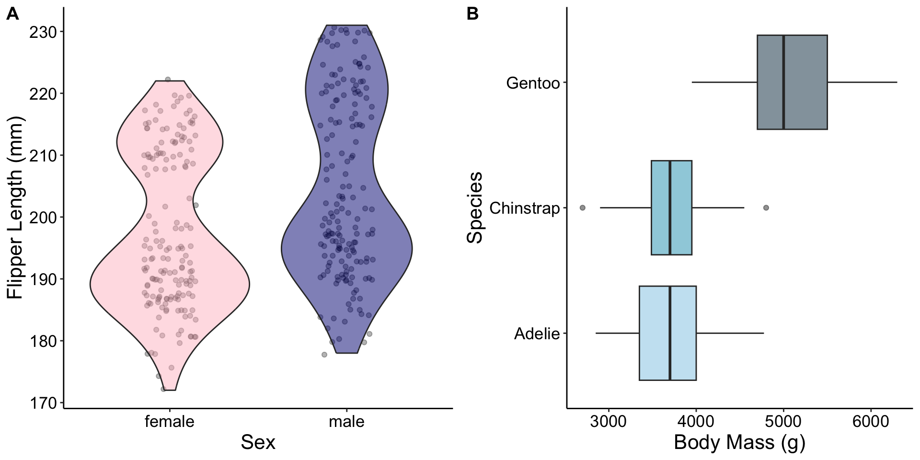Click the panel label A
[x=12, y=14]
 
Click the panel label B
[x=472, y=14]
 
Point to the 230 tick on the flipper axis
[x=43, y=32]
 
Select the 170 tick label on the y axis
[x=43, y=403]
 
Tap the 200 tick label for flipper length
[x=43, y=218]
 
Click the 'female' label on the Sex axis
[x=170, y=422]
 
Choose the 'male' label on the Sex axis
[x=346, y=422]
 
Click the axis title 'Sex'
[x=258, y=442]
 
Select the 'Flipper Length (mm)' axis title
[x=15, y=207]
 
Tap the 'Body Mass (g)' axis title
[x=739, y=442]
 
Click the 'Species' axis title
[x=475, y=207]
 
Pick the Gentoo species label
[x=533, y=83]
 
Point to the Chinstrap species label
[x=525, y=208]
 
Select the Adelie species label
[x=537, y=333]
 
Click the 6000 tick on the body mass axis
[x=871, y=422]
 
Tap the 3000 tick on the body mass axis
[x=609, y=422]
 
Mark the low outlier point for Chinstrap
[x=583, y=208]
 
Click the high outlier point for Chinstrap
[x=766, y=208]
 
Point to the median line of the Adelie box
[x=670, y=333]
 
